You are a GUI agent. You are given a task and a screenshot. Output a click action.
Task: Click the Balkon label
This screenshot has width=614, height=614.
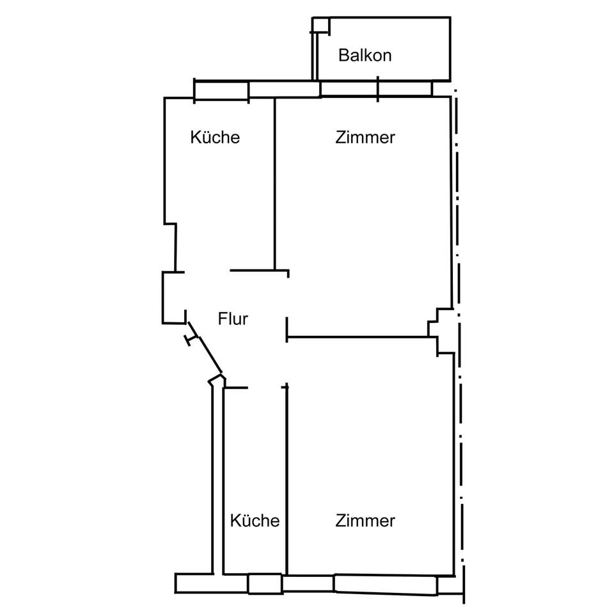click(365, 55)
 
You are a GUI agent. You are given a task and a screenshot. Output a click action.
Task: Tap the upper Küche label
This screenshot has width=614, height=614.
click(215, 138)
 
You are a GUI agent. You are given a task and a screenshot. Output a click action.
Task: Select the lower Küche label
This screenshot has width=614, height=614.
click(255, 521)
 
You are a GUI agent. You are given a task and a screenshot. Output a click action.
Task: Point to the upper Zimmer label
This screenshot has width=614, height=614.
click(365, 138)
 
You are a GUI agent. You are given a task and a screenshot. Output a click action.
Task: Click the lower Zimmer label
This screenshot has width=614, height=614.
click(365, 521)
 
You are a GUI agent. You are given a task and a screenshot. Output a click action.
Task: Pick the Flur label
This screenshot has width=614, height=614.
click(233, 319)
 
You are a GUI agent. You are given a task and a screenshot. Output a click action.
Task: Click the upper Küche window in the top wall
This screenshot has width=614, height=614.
click(221, 90)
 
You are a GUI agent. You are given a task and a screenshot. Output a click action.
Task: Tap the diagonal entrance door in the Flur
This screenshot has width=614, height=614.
click(205, 348)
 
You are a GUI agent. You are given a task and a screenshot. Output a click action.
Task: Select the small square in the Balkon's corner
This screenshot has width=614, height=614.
click(321, 25)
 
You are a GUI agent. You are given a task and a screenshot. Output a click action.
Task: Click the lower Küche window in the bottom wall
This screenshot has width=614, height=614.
click(265, 584)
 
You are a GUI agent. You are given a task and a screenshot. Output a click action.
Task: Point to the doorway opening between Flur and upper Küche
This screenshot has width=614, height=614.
click(207, 271)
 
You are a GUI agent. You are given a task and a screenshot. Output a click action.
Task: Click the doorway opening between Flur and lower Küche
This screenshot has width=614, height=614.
click(264, 388)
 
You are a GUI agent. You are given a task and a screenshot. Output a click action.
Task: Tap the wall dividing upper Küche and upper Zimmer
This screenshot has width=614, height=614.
click(275, 184)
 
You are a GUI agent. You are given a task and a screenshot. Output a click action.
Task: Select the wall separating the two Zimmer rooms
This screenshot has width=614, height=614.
click(358, 337)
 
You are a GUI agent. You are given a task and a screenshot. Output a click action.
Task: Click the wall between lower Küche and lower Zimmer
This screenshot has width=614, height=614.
click(287, 481)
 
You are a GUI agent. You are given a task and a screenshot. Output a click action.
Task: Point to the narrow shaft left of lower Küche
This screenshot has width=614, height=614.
click(217, 478)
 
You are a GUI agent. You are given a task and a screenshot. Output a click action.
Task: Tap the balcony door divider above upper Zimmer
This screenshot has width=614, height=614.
click(377, 89)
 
